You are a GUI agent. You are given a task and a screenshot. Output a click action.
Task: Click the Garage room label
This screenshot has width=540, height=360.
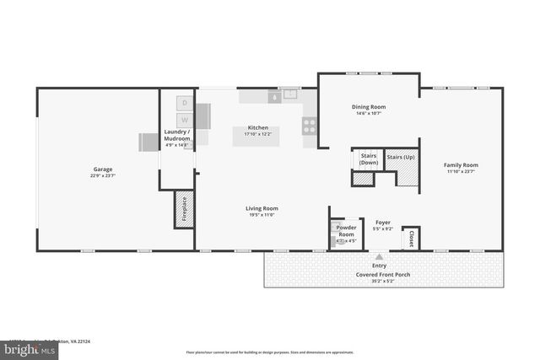tap(102, 169)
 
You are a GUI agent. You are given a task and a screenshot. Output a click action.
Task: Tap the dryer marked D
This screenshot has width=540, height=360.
tap(183, 103)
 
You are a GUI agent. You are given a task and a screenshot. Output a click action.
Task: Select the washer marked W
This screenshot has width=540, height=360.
tap(183, 120)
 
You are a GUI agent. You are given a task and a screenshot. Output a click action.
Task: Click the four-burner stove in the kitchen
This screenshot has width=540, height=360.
tap(310, 126)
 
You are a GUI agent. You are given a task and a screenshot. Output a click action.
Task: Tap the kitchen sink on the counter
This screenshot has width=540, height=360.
tap(290, 94)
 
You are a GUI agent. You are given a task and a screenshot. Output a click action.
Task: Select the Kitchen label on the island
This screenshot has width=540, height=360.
tap(257, 128)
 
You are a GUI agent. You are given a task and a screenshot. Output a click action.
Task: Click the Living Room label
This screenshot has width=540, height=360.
tap(262, 208)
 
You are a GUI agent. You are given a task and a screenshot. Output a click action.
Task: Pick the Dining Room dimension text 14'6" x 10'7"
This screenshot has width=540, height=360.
tap(368, 113)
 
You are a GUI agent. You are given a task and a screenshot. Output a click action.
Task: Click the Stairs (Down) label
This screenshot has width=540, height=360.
tap(368, 159)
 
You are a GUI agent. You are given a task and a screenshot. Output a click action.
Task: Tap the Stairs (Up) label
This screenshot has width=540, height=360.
tap(400, 157)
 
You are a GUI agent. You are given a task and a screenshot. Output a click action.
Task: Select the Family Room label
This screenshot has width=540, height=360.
tap(462, 165)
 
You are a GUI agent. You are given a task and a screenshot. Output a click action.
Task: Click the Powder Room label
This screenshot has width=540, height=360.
tap(346, 230)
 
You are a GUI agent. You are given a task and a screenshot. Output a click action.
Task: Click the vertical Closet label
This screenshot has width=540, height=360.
tap(411, 239)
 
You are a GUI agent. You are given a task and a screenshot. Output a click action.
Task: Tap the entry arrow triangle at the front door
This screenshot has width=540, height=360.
tap(379, 256)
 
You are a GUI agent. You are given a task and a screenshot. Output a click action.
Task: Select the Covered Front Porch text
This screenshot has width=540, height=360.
tap(379, 274)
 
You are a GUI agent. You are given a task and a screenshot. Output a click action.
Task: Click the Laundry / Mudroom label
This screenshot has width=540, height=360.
tap(177, 135)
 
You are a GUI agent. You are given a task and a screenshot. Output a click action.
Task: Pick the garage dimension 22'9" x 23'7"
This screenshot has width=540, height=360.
tap(102, 176)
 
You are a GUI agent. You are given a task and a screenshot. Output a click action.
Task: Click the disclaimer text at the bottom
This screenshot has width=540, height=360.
tap(269, 352)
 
